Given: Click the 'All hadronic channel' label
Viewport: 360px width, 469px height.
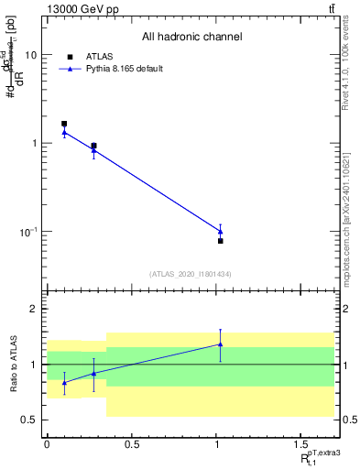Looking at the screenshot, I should [191, 38].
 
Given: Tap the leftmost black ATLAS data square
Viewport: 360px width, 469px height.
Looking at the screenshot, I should [64, 123].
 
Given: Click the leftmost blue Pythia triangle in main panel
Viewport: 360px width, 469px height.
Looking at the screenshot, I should [64, 133].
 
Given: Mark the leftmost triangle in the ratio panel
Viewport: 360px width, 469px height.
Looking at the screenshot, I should [64, 382].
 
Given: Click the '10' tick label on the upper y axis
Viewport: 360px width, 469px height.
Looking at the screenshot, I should [30, 55].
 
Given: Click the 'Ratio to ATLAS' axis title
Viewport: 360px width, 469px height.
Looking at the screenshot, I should [14, 365].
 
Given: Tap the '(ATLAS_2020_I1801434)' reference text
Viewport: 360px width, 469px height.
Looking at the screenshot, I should [191, 274].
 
